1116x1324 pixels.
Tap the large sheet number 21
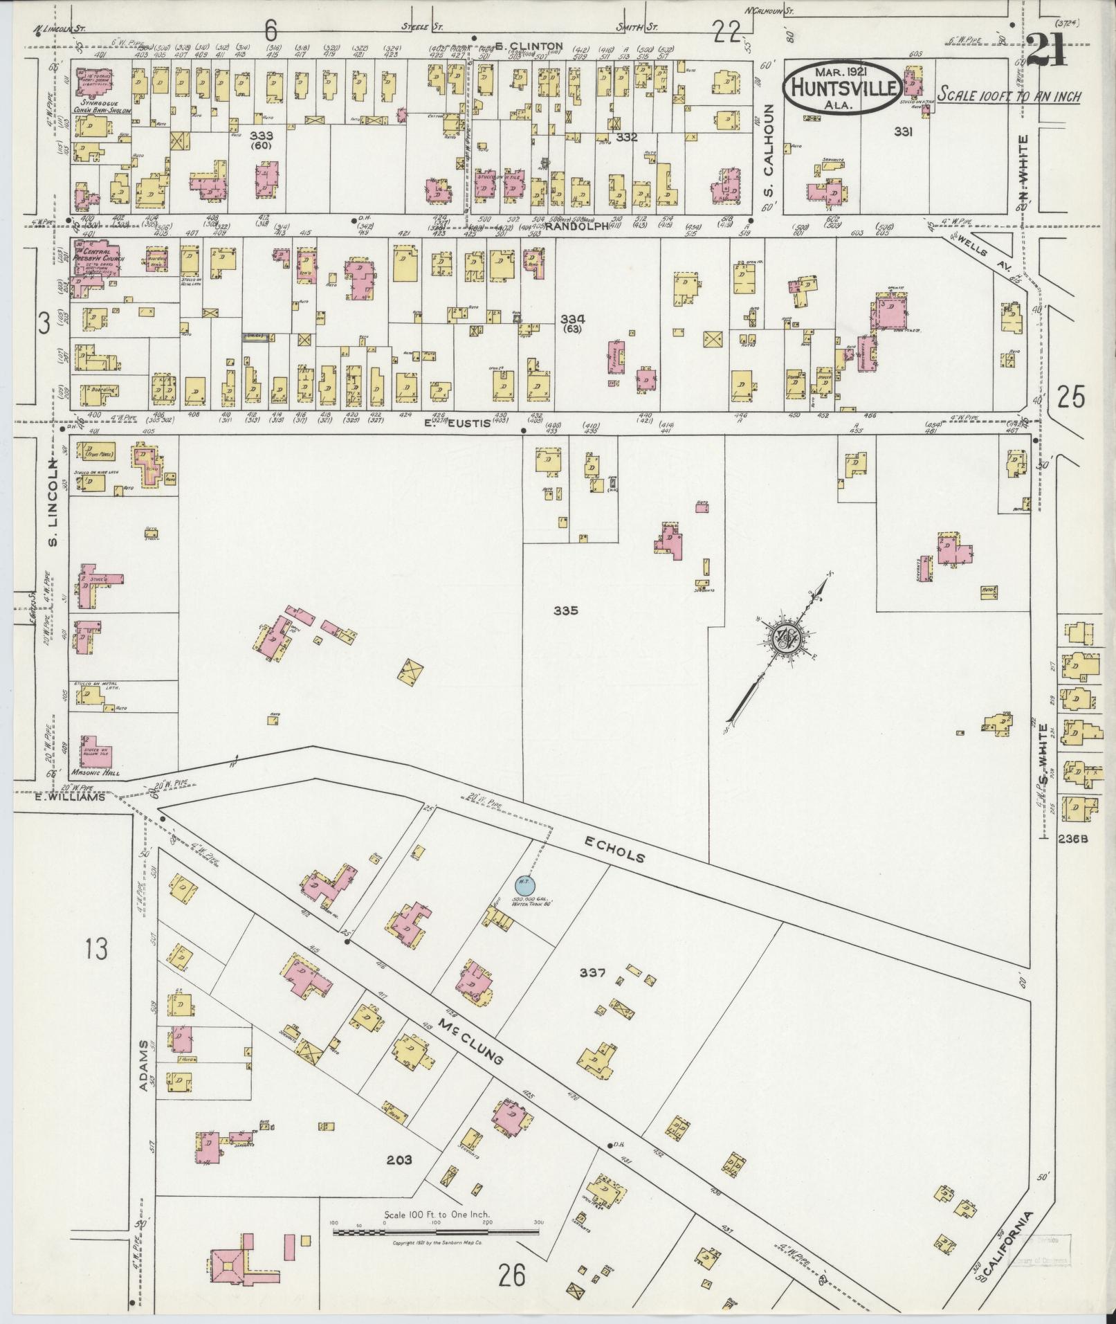(x=1047, y=51)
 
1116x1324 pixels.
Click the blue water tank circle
(x=523, y=882)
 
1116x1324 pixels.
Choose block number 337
(x=593, y=972)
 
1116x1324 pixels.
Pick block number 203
(x=399, y=1159)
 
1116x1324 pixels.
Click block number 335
(x=565, y=610)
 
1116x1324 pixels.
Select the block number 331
(x=902, y=132)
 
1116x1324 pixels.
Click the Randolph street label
(x=569, y=226)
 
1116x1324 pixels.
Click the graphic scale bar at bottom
(x=436, y=1233)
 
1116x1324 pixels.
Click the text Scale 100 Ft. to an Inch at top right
(x=1009, y=96)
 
